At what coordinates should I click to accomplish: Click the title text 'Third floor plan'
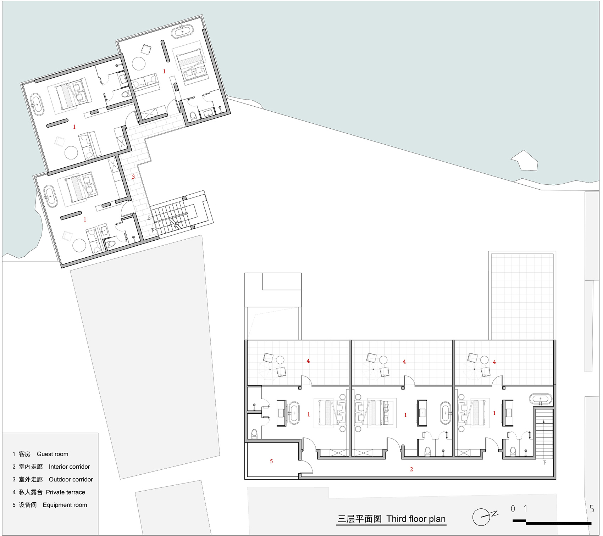416,519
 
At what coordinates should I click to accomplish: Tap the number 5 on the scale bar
592,509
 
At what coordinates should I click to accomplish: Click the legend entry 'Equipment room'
65,505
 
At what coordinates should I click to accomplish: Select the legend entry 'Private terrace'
66,492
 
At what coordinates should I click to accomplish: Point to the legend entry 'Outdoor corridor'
71,479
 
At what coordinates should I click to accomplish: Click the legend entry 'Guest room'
52,454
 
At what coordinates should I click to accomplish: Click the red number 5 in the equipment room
271,462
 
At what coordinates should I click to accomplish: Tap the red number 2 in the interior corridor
411,469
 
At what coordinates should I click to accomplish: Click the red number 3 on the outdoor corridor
133,177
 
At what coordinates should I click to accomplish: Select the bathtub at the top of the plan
183,32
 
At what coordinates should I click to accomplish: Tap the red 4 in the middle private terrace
404,362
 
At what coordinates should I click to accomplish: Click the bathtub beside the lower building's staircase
541,399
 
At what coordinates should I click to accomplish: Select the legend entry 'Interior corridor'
69,467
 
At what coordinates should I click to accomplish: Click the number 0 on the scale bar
513,509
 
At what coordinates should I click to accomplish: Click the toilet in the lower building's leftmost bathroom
254,434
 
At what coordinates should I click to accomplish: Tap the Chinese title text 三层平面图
359,519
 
